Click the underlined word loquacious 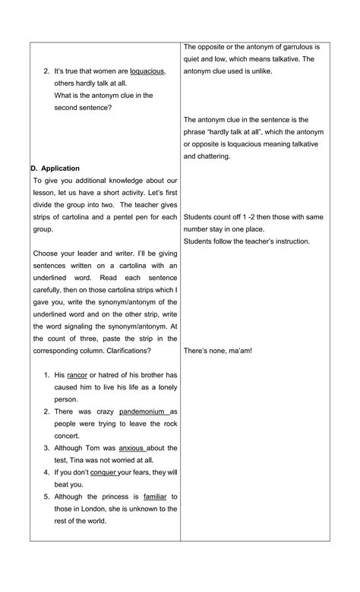click(x=147, y=71)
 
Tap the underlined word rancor click(x=78, y=374)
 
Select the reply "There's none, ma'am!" click(x=218, y=351)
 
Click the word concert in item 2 click(x=69, y=435)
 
